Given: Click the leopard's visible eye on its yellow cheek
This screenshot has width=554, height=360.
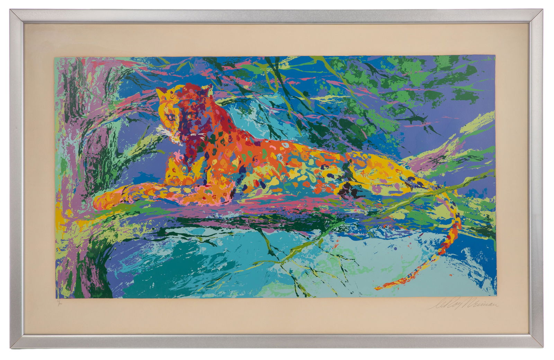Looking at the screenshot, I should click(170, 117).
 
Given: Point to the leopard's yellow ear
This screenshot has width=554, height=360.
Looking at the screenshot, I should click(160, 92).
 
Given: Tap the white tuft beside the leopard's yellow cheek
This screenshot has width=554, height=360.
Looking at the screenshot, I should click(160, 129).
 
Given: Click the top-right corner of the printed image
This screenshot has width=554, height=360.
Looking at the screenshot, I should click(495, 56).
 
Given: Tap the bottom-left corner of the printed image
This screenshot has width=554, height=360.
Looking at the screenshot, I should click(56, 298).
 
